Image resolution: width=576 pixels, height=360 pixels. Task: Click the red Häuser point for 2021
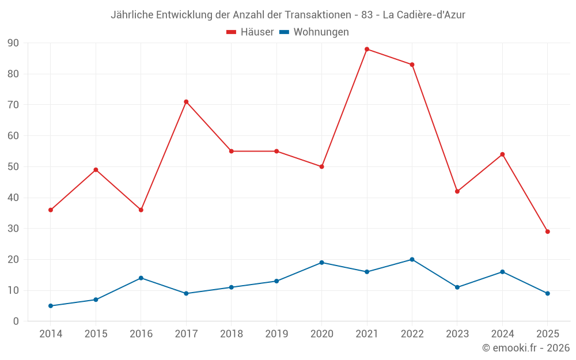(x=367, y=49)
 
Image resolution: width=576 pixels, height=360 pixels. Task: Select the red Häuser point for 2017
(x=186, y=101)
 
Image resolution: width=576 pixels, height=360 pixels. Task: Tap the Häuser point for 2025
(x=548, y=232)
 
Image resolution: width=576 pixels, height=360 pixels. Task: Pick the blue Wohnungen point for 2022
(x=412, y=259)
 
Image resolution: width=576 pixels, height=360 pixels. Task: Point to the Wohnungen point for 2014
(x=51, y=306)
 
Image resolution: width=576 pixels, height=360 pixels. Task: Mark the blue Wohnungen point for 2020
(x=322, y=263)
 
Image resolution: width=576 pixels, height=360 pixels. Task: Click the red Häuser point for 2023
(x=457, y=191)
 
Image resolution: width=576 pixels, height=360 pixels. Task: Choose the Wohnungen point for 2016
(x=141, y=278)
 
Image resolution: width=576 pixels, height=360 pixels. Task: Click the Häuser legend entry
(x=250, y=32)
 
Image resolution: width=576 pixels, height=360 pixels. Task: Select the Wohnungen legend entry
(x=314, y=32)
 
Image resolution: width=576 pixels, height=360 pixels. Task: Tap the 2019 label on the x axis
(x=276, y=334)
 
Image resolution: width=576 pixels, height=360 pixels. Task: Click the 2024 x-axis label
(x=502, y=334)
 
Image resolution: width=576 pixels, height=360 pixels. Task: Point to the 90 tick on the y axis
(x=13, y=43)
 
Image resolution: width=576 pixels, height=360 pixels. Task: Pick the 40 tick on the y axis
(x=13, y=198)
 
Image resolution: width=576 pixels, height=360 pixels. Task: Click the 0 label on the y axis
(x=16, y=321)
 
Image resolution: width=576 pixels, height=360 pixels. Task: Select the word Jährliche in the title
(x=132, y=15)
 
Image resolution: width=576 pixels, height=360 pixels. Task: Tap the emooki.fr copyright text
(x=526, y=348)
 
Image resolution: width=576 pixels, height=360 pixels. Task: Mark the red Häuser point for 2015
(x=96, y=170)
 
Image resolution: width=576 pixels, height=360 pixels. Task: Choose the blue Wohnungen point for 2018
(x=232, y=287)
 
